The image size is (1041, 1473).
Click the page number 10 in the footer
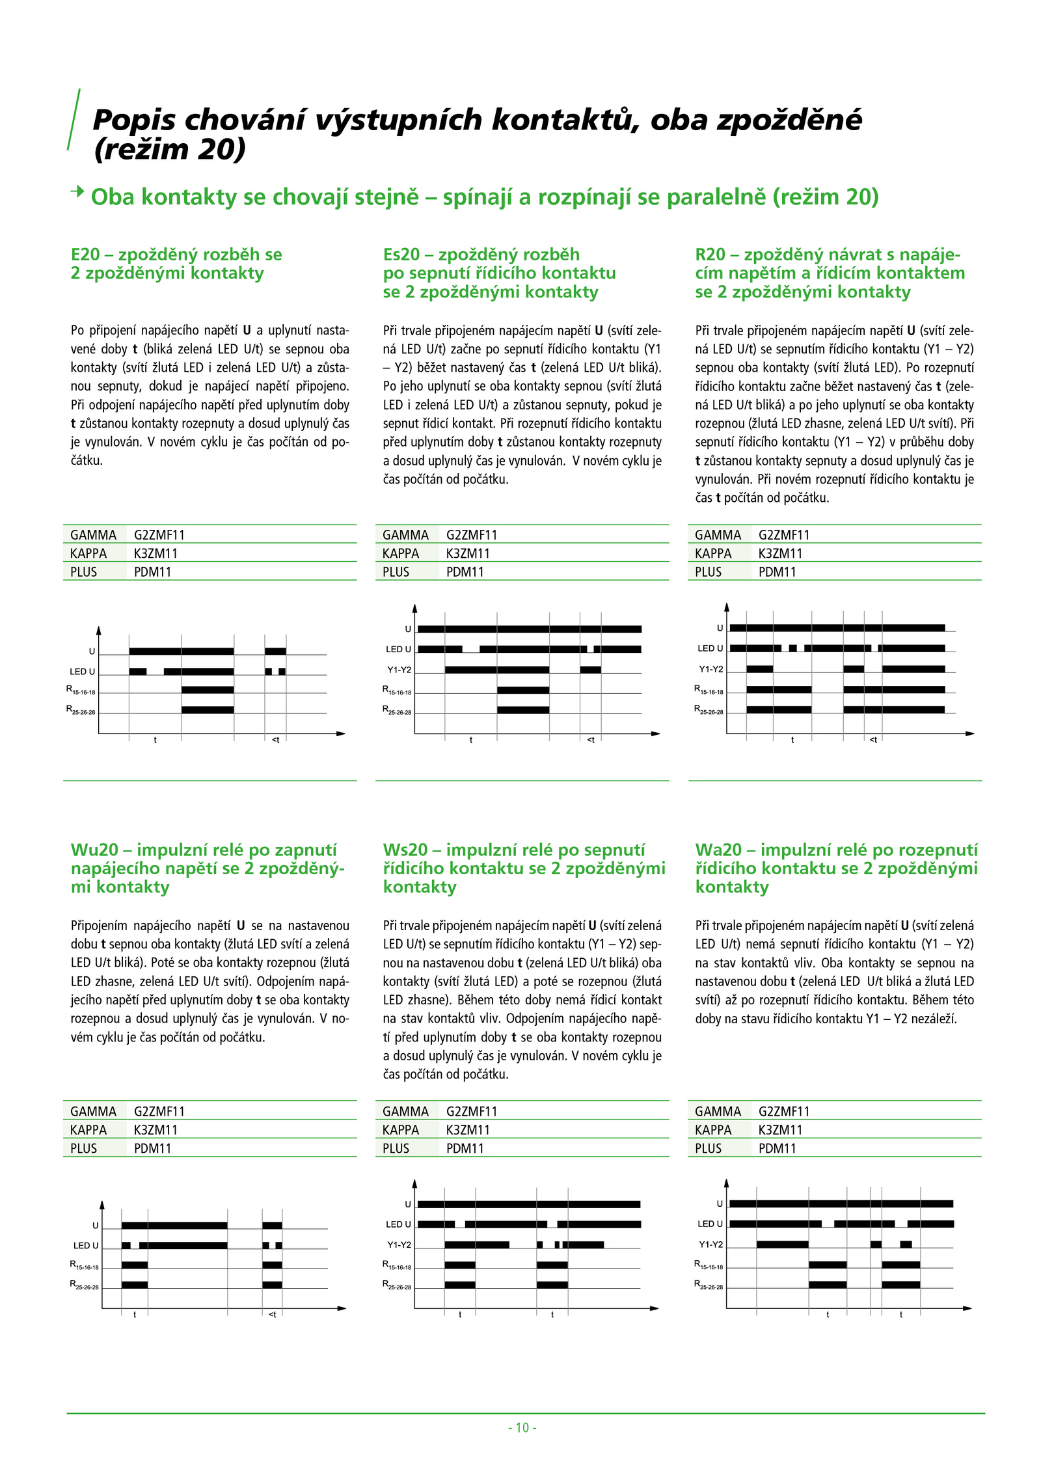(x=522, y=1427)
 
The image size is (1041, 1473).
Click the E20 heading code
(x=85, y=255)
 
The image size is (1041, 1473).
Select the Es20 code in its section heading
(x=401, y=255)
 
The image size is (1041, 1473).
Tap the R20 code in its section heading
(x=710, y=255)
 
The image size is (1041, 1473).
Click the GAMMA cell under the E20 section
(x=93, y=535)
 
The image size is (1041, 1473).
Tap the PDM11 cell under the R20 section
(x=777, y=572)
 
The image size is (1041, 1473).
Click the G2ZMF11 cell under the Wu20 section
(x=159, y=1111)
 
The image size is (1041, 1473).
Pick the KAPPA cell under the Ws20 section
(x=401, y=1130)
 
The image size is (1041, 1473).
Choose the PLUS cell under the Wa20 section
(x=708, y=1148)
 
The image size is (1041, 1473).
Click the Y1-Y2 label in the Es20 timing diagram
(x=399, y=670)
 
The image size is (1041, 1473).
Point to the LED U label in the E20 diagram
(x=82, y=672)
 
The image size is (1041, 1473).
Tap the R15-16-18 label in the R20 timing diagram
(x=709, y=690)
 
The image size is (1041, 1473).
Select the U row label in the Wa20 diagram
(x=720, y=1204)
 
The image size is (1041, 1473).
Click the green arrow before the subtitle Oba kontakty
(x=77, y=191)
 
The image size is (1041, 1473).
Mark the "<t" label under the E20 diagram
(x=275, y=739)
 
